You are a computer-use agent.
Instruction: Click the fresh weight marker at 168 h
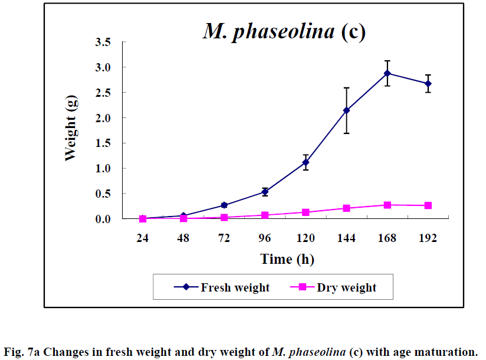387,73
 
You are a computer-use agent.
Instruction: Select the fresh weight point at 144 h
346,110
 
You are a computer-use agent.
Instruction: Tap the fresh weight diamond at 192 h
428,84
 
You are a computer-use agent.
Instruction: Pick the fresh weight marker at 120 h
306,162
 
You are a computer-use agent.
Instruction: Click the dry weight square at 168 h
387,205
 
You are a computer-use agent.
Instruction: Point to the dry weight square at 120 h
306,212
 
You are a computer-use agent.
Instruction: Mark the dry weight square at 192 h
428,205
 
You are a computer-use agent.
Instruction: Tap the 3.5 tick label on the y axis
104,42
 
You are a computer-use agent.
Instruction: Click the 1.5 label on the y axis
104,143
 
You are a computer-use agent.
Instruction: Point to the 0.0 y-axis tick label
104,219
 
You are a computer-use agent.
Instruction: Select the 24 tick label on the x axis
142,238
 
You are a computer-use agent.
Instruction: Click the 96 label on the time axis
265,238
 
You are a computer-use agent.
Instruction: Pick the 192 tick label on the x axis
428,238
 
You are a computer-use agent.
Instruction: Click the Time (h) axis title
285,259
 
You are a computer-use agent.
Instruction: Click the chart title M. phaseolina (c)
284,31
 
